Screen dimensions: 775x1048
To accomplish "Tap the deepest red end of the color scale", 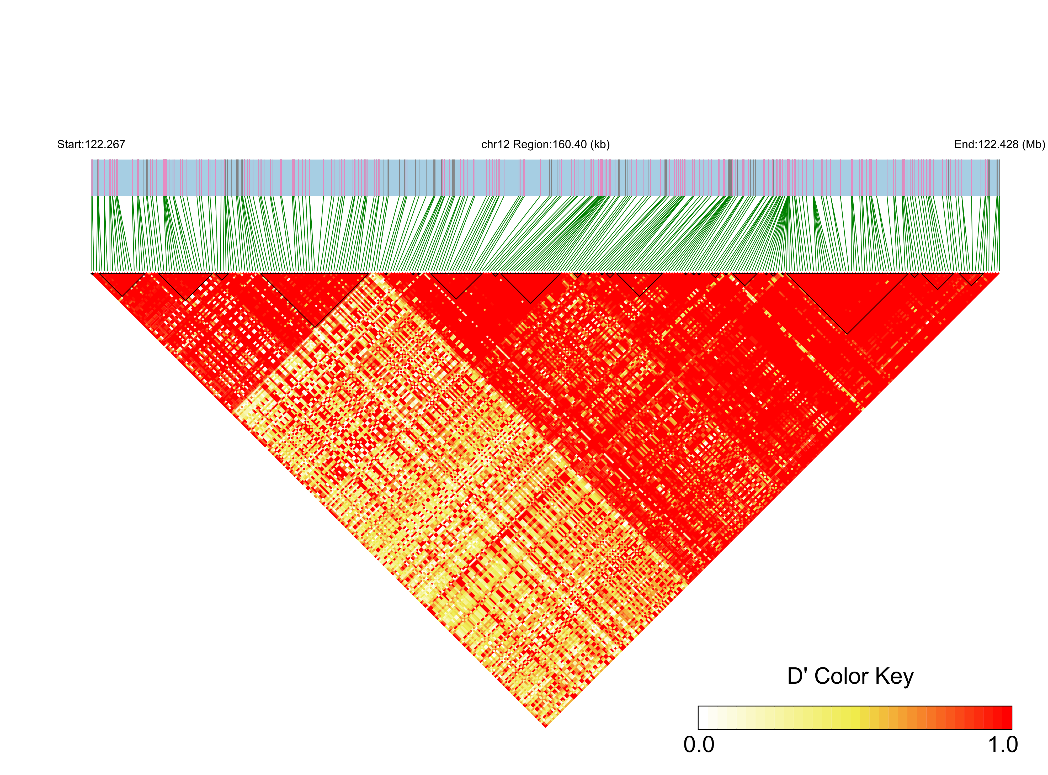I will pyautogui.click(x=1007, y=718).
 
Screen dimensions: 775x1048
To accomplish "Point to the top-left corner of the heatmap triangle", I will pyautogui.click(x=92, y=273).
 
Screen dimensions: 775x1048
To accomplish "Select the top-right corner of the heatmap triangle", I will pyautogui.click(x=998, y=273).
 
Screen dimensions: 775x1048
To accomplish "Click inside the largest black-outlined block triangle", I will pyautogui.click(x=847, y=296).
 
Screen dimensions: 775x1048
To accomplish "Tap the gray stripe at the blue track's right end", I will pyautogui.click(x=998, y=177).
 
